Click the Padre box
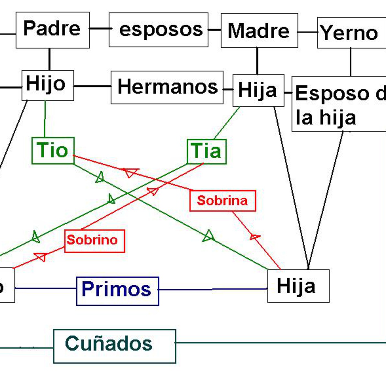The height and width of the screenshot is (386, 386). [52, 30]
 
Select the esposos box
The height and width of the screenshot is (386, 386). [159, 30]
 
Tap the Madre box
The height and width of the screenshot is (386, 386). [259, 30]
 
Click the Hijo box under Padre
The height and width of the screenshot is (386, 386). [48, 85]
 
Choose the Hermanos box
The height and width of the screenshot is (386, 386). [167, 87]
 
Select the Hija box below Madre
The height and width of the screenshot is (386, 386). [258, 90]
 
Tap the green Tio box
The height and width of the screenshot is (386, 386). [53, 151]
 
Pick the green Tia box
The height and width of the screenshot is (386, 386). [207, 152]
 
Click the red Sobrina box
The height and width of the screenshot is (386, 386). [223, 201]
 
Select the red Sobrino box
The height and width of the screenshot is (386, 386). [95, 241]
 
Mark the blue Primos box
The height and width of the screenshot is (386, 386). [117, 291]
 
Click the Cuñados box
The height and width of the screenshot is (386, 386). [114, 346]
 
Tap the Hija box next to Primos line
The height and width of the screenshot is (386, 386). [298, 286]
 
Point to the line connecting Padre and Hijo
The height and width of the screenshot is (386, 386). [49, 59]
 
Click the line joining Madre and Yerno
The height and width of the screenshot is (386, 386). [307, 32]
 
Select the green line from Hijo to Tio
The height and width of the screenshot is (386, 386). [45, 119]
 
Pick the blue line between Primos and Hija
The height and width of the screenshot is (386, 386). [212, 289]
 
